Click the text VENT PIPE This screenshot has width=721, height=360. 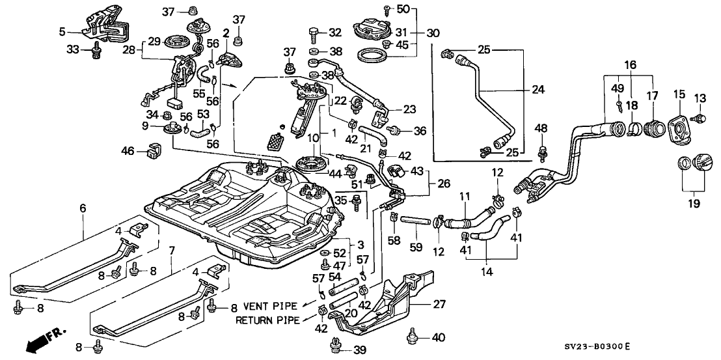pos(270,305)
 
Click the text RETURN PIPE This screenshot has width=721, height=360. pos(267,320)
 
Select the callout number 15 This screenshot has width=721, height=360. pos(677,96)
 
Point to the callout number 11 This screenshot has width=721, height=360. pos(465,196)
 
